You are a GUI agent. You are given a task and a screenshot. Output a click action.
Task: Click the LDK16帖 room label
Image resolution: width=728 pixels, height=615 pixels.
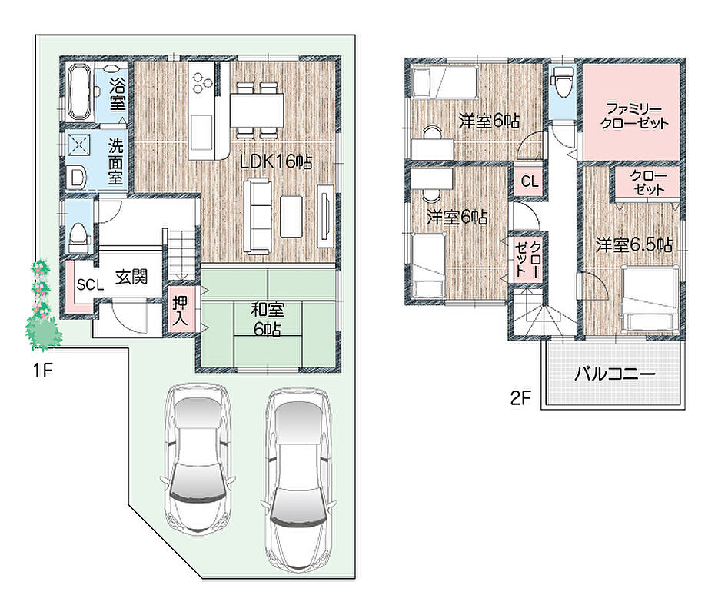pyautogui.click(x=276, y=161)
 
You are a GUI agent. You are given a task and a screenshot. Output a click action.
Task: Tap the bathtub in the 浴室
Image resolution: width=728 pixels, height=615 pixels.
pyautogui.click(x=78, y=92)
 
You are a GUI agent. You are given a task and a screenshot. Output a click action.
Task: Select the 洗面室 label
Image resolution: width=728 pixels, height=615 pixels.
pyautogui.click(x=116, y=161)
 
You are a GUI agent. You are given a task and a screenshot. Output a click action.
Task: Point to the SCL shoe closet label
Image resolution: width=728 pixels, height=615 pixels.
pyautogui.click(x=90, y=284)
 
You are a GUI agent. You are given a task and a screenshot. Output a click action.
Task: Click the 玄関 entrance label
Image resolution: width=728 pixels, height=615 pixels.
pyautogui.click(x=131, y=277)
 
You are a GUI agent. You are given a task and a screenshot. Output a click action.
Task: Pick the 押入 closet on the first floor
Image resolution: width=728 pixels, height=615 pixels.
pyautogui.click(x=181, y=310)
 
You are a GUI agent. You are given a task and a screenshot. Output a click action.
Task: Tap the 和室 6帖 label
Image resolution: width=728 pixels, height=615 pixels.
pyautogui.click(x=268, y=319)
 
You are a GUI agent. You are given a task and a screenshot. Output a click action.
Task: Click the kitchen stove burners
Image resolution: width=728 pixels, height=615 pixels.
pyautogui.click(x=202, y=81)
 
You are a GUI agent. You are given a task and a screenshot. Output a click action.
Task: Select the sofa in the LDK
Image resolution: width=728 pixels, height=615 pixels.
pyautogui.click(x=258, y=217)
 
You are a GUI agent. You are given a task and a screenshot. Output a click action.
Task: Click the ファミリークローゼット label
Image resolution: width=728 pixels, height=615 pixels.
pyautogui.click(x=633, y=116)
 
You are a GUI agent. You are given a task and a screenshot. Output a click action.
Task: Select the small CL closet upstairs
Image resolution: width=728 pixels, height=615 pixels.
pyautogui.click(x=530, y=181)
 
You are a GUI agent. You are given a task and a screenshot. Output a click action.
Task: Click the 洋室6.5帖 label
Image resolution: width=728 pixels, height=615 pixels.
pyautogui.click(x=634, y=244)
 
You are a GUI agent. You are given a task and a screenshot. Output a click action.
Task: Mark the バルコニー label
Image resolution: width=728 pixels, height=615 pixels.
pyautogui.click(x=614, y=374)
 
